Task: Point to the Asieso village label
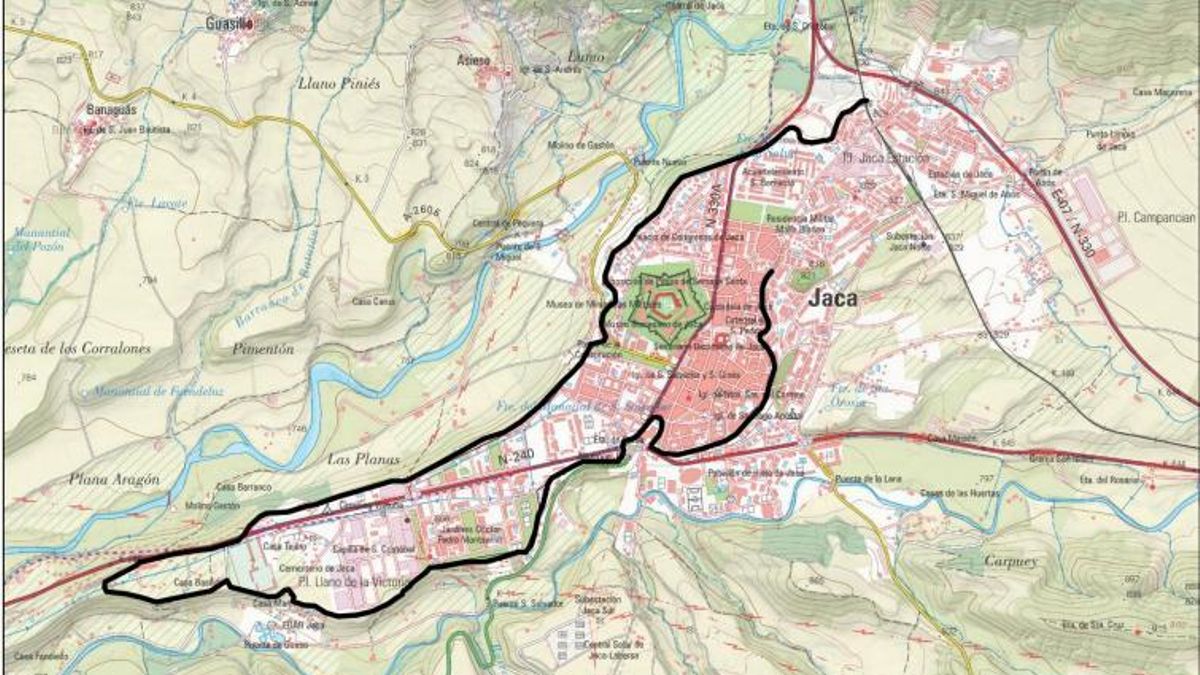point(473,59)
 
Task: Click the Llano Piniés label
point(339,84)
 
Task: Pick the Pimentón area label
point(262,349)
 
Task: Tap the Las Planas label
point(363,459)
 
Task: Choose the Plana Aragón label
point(114,479)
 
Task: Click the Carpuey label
point(1011,561)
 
